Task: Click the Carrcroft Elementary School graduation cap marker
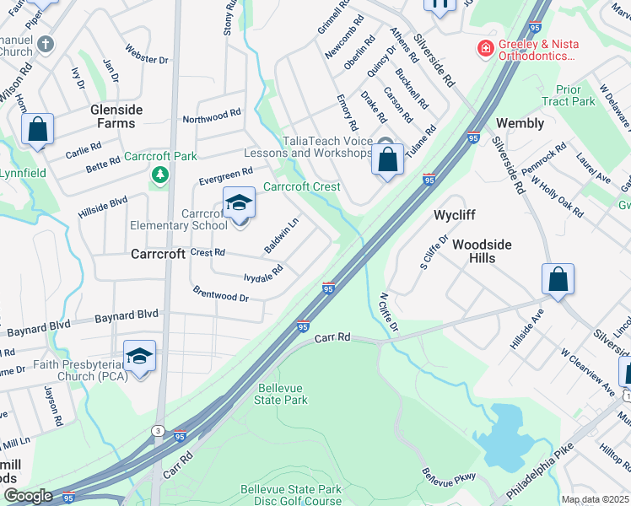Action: point(239,203)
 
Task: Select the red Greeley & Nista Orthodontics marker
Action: point(485,49)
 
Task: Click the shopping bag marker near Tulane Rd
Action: point(387,160)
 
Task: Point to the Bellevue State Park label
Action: point(282,394)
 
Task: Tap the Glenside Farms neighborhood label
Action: point(117,116)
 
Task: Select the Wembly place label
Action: point(520,123)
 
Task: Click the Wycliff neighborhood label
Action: point(456,215)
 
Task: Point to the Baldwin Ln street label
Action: point(282,236)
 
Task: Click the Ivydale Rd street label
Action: point(262,272)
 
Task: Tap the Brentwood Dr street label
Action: point(221,295)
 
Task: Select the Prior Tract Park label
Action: point(575,95)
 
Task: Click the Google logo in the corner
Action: point(29,496)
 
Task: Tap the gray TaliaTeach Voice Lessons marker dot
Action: point(385,143)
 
